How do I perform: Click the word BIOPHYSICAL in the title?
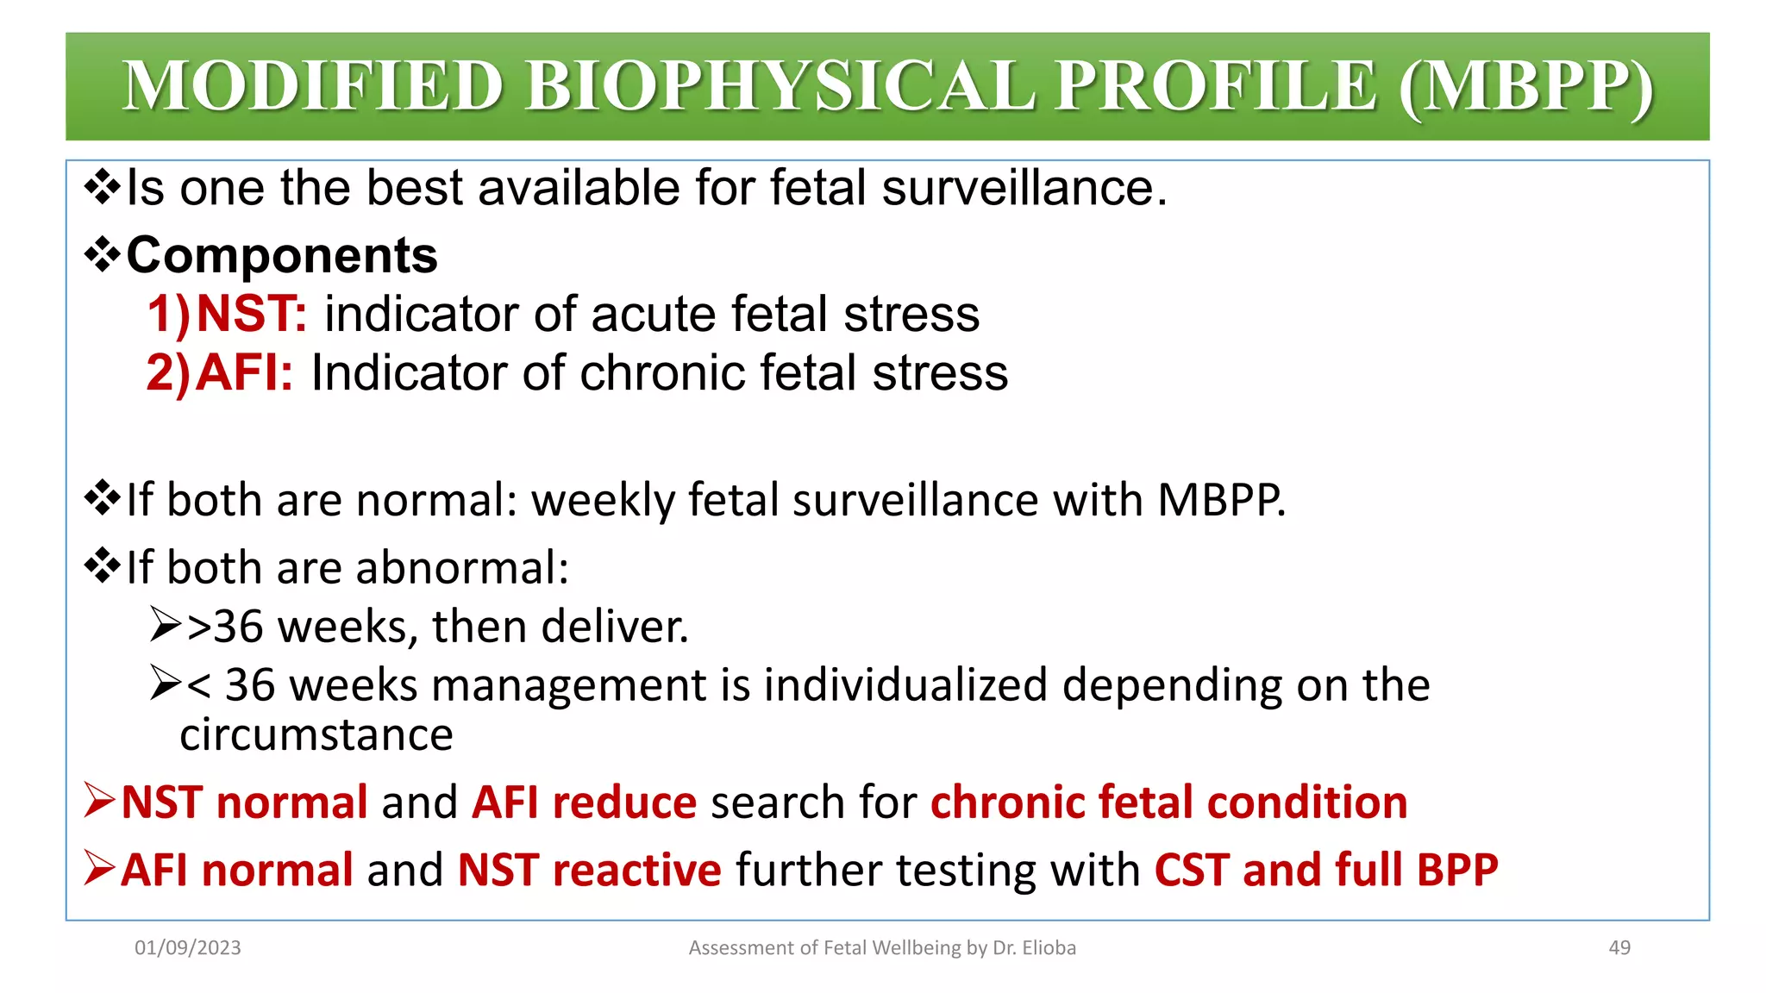779,86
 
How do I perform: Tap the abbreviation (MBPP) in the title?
1525,86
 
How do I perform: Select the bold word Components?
282,255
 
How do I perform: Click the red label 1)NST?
227,314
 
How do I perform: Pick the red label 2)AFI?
220,372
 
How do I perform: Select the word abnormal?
462,567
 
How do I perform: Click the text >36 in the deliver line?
224,626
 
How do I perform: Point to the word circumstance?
316,735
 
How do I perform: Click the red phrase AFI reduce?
584,803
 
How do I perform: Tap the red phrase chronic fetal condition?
1168,803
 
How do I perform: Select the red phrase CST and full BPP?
1325,870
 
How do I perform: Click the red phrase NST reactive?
589,870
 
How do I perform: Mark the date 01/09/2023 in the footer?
187,947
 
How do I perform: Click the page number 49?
1619,947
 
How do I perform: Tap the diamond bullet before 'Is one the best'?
102,188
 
